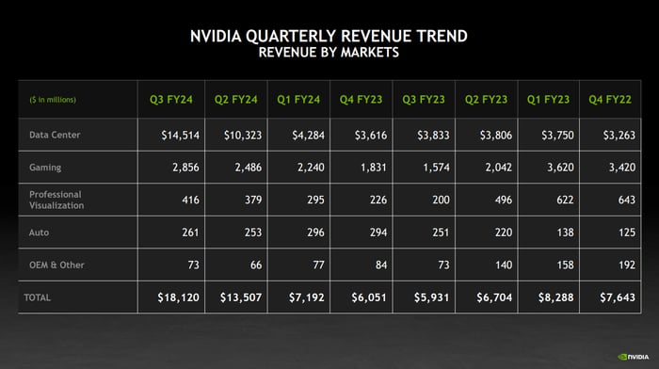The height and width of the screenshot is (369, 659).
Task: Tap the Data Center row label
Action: [55, 135]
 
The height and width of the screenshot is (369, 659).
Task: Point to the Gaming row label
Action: [45, 167]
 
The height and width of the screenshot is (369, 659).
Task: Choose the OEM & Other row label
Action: [56, 265]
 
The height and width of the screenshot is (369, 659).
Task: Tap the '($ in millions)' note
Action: [53, 100]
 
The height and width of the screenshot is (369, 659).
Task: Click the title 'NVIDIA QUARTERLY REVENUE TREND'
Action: [329, 38]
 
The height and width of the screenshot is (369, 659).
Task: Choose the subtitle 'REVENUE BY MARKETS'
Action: [329, 54]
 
